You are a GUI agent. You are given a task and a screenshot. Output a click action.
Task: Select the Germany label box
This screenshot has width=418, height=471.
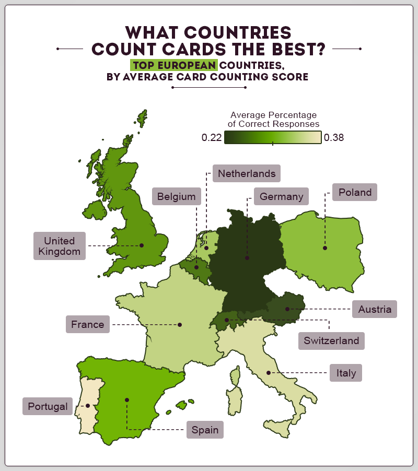(281, 197)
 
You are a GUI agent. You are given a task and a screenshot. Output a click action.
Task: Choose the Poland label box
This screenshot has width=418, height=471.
(355, 192)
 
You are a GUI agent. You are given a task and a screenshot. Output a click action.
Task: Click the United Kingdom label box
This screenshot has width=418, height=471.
(59, 246)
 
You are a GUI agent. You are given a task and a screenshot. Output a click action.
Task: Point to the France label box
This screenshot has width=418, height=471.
(88, 324)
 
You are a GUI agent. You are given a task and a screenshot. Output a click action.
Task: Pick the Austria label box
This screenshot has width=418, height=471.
(375, 309)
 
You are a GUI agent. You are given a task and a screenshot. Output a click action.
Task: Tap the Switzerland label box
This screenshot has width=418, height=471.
(332, 341)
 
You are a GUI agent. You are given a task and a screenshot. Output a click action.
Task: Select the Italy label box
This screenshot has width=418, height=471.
(346, 373)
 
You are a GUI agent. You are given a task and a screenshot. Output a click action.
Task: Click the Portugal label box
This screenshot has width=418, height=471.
(48, 406)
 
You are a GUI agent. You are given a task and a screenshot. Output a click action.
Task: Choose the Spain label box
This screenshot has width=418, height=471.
(205, 430)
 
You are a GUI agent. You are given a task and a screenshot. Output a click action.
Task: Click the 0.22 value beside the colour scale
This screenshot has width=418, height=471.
(212, 138)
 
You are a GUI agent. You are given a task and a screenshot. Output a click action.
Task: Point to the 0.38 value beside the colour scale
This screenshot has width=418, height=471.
(334, 138)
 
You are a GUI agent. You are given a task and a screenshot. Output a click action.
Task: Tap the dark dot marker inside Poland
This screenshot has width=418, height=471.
(324, 248)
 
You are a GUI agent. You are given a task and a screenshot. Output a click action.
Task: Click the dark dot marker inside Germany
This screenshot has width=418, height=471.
(247, 258)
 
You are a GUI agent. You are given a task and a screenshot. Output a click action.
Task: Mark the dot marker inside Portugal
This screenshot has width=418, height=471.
(88, 406)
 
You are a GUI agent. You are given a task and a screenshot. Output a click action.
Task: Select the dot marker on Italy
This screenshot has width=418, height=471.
(269, 372)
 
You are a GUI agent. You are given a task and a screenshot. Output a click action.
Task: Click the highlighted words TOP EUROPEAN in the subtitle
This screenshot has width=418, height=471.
(174, 65)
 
